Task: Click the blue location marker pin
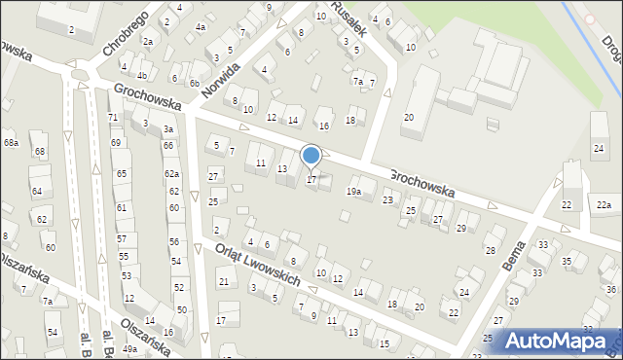[x=311, y=156]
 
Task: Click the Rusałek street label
[x=348, y=17]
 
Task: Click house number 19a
[x=353, y=191]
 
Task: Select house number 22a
[x=605, y=204]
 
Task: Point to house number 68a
[x=11, y=143]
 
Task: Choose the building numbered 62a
[x=171, y=173]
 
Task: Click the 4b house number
[x=141, y=75]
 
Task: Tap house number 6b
[x=194, y=84]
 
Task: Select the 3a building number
[x=168, y=128]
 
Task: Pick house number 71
[x=113, y=117]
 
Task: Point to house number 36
[x=610, y=290]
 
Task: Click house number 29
[x=460, y=228]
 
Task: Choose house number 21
[x=223, y=282]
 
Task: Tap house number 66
[x=168, y=146]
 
